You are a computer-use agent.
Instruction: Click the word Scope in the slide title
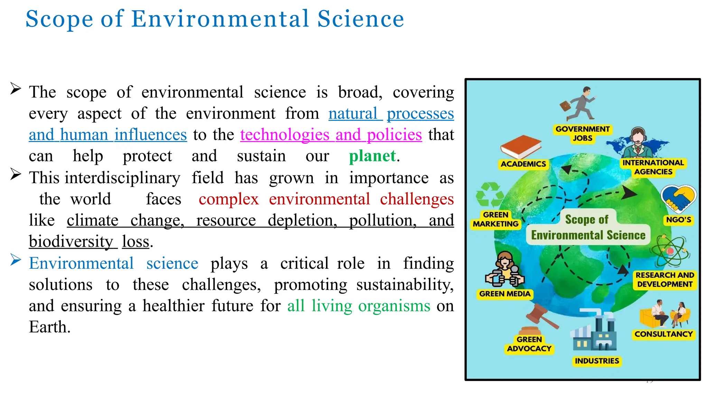(x=59, y=19)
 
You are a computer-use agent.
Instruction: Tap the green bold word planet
(x=372, y=156)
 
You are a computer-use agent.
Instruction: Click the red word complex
(x=229, y=199)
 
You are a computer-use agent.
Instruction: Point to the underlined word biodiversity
(x=71, y=241)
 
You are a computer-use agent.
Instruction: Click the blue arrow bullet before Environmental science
(x=16, y=259)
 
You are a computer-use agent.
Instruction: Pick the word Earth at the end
(x=49, y=327)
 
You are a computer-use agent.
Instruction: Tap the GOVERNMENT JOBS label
(x=583, y=133)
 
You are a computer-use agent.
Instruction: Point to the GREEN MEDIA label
(x=505, y=294)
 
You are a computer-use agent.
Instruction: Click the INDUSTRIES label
(x=597, y=361)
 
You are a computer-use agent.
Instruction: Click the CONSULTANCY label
(x=664, y=334)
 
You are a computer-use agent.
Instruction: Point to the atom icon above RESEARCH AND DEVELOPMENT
(x=670, y=251)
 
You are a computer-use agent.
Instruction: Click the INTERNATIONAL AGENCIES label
(x=653, y=167)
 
